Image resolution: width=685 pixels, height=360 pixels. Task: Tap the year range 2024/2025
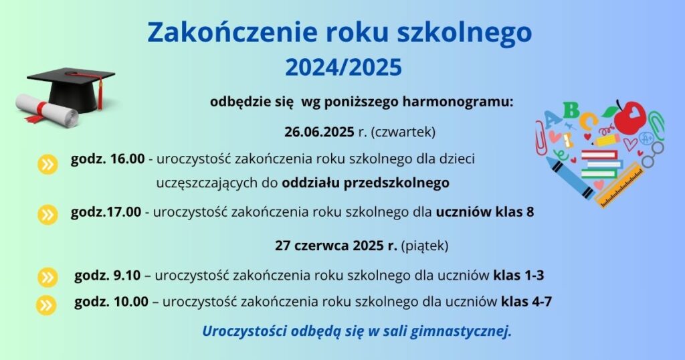click(x=343, y=68)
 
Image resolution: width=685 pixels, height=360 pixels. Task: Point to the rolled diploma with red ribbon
click(x=46, y=110)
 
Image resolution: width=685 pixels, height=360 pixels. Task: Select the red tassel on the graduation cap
click(x=100, y=94)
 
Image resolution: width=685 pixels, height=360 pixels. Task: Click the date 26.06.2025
click(x=319, y=132)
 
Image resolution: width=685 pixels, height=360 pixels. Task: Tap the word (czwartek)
click(x=403, y=132)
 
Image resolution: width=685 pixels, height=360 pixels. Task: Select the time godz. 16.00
click(x=108, y=159)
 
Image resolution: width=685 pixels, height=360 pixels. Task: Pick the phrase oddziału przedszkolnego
click(x=365, y=183)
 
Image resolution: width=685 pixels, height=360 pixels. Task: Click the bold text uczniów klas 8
click(x=485, y=212)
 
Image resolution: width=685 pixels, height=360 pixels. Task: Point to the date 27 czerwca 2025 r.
click(x=336, y=246)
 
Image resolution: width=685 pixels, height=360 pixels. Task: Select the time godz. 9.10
click(x=108, y=275)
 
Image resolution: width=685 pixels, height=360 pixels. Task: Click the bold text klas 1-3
click(x=518, y=275)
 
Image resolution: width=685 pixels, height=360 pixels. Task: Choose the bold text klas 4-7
click(x=526, y=302)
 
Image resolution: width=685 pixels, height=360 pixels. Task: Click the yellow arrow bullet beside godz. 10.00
click(x=46, y=305)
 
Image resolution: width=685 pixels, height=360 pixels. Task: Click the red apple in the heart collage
click(x=629, y=117)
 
